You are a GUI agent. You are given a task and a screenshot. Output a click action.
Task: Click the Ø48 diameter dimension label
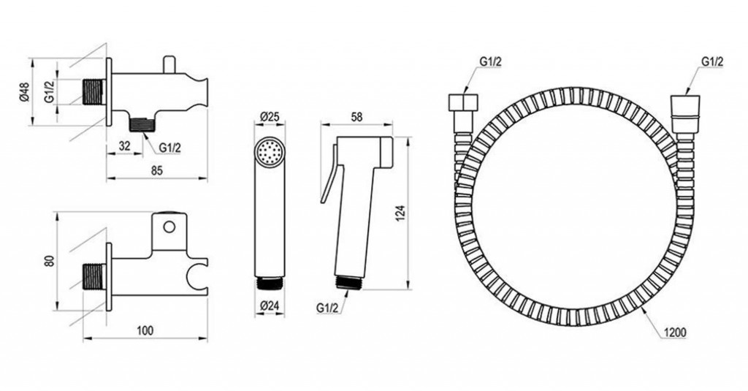25,91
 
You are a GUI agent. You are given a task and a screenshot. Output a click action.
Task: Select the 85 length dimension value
157,170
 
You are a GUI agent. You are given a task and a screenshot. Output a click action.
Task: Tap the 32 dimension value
124,146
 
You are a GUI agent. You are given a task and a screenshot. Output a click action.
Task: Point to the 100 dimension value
145,330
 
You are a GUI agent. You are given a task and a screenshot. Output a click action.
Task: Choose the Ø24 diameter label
270,307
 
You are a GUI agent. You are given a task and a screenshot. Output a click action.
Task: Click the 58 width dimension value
356,117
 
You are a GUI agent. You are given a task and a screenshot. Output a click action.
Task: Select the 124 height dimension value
401,213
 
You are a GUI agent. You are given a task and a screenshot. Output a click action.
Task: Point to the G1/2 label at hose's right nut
713,61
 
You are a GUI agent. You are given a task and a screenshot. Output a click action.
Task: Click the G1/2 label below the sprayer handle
327,308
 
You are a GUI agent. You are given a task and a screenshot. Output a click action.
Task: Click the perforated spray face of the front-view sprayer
270,153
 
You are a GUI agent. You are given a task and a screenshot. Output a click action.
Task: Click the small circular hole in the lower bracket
169,227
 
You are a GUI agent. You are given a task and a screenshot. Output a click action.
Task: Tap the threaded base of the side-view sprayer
349,281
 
